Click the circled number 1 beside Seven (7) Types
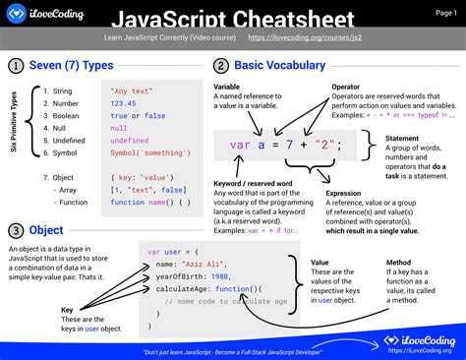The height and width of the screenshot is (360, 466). tap(16, 66)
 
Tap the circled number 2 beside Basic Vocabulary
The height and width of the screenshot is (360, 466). tap(221, 66)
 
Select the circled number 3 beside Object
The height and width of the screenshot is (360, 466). tap(16, 230)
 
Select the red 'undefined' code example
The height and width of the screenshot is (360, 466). tap(130, 141)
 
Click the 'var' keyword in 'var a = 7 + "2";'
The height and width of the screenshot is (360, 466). tap(241, 146)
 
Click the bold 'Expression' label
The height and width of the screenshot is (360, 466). tap(346, 195)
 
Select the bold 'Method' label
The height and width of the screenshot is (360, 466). tap(398, 263)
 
